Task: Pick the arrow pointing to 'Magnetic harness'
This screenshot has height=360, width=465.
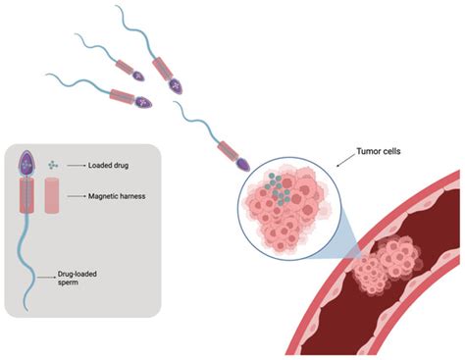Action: [x=80, y=197]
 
